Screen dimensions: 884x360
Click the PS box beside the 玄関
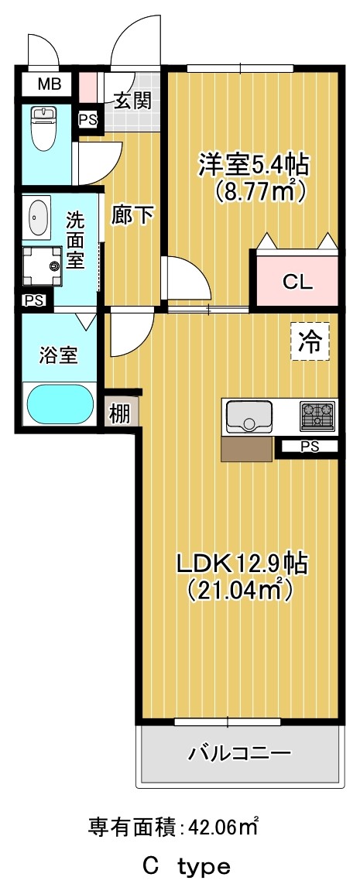[x=88, y=119]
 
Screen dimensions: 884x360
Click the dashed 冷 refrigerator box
[x=310, y=341]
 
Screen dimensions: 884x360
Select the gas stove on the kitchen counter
[x=317, y=416]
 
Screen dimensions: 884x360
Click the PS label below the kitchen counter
[x=308, y=447]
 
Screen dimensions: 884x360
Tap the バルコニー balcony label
[x=240, y=752]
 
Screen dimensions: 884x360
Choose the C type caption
[x=186, y=865]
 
